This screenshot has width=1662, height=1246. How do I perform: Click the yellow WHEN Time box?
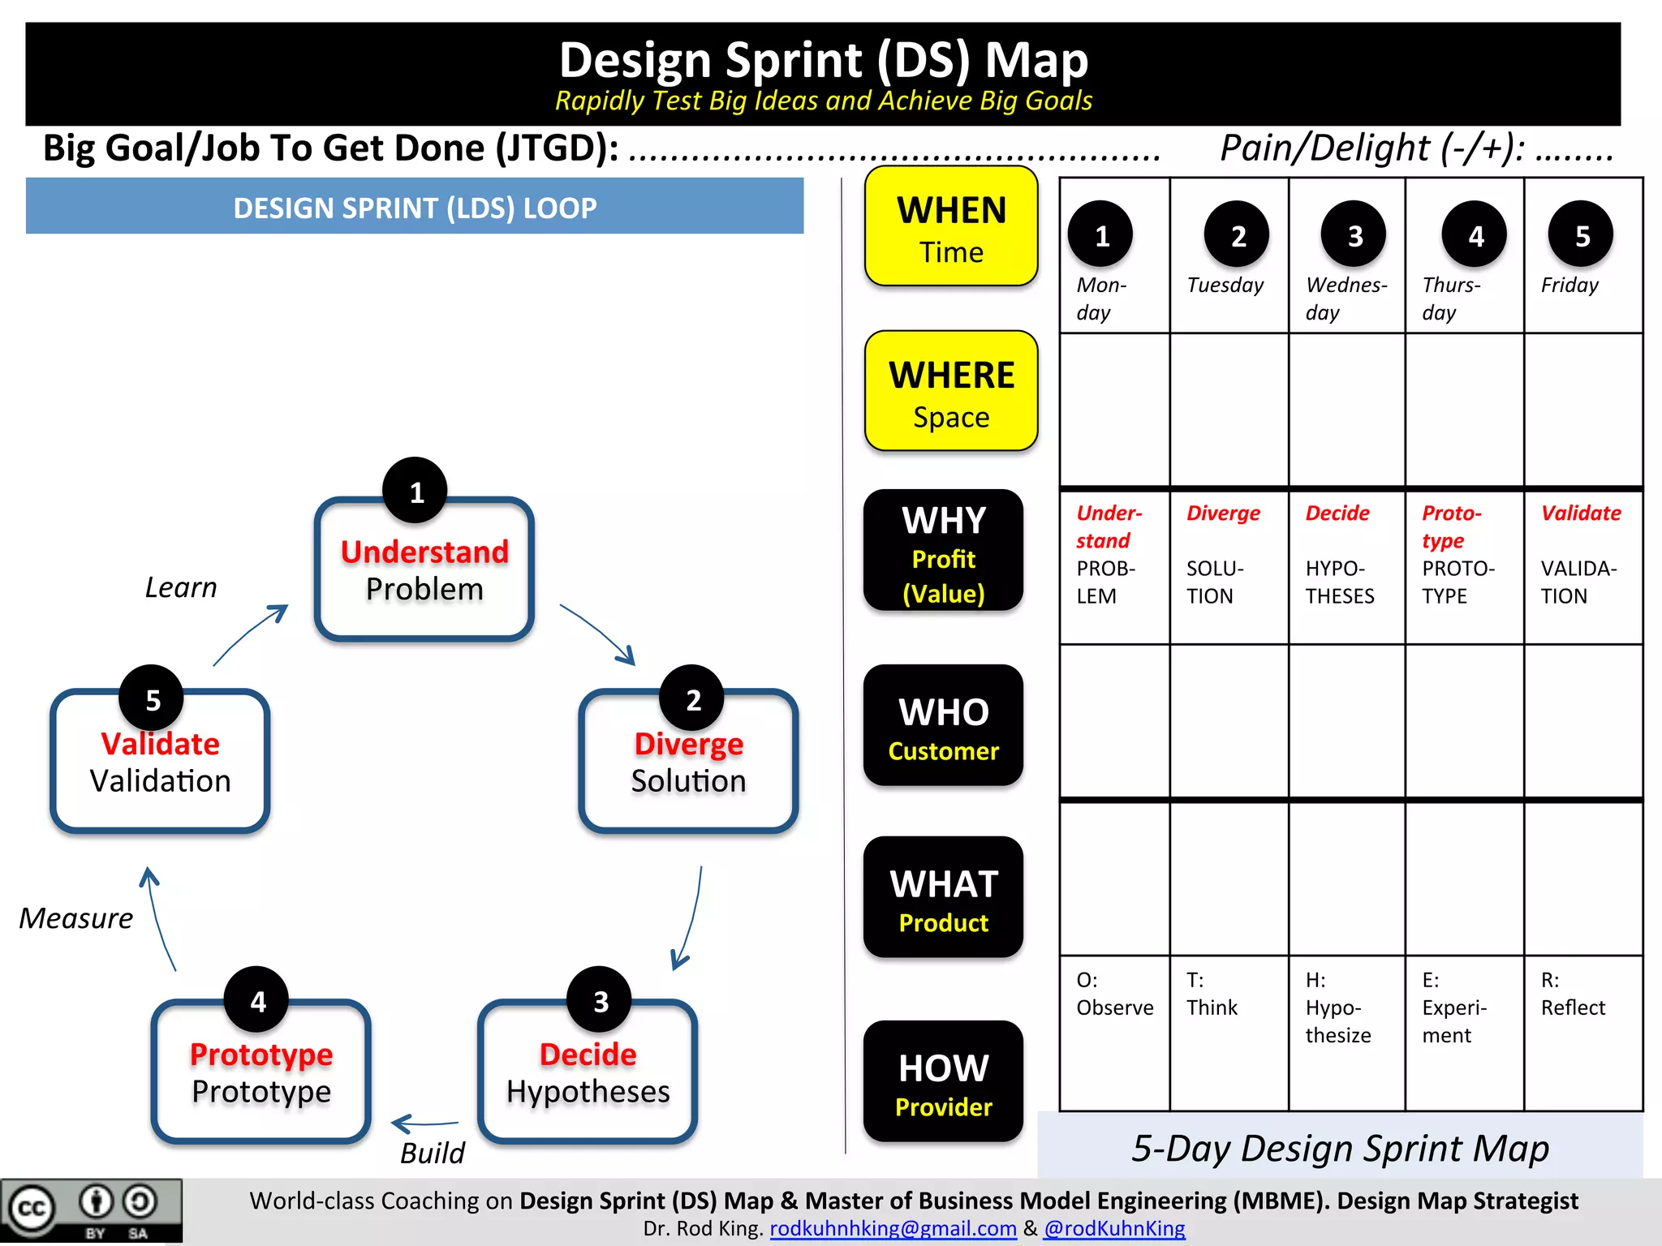pyautogui.click(x=951, y=227)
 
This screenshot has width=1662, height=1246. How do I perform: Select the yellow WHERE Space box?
pyautogui.click(x=951, y=392)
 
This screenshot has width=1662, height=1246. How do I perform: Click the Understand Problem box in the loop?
pyautogui.click(x=424, y=570)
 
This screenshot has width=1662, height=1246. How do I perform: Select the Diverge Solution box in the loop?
pyautogui.click(x=688, y=762)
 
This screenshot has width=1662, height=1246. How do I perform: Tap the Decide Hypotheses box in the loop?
pyautogui.click(x=588, y=1072)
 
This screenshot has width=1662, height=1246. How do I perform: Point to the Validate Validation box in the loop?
pyautogui.click(x=160, y=762)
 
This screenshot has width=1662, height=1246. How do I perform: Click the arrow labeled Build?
pyautogui.click(x=424, y=1124)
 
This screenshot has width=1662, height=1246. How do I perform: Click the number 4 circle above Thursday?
pyautogui.click(x=1475, y=235)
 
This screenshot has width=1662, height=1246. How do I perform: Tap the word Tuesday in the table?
pyautogui.click(x=1225, y=286)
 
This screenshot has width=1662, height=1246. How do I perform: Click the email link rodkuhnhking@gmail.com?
pyautogui.click(x=893, y=1228)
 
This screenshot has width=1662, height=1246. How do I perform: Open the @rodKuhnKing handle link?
pyautogui.click(x=1114, y=1228)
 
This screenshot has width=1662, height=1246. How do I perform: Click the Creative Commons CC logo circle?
pyautogui.click(x=32, y=1209)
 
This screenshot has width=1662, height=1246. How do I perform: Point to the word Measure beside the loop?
pyautogui.click(x=76, y=918)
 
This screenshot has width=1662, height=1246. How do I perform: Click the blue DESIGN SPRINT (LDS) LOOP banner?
pyautogui.click(x=415, y=208)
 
